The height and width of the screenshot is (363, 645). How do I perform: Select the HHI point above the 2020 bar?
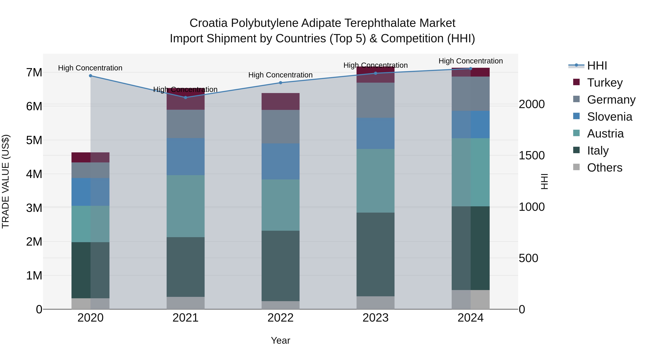90,76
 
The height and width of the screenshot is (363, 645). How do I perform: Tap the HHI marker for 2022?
280,83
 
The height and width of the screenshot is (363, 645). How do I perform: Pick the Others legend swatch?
576,167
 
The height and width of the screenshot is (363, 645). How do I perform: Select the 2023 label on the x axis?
375,318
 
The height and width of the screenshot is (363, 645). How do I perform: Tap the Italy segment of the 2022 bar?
280,265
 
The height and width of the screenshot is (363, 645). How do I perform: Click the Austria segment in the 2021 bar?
186,206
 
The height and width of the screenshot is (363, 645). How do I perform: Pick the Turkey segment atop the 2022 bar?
280,101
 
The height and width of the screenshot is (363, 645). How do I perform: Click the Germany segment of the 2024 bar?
470,94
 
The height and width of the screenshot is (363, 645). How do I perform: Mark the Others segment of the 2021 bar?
186,303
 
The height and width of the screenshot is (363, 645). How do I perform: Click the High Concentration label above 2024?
470,61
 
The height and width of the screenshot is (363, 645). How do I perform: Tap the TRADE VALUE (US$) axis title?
6,181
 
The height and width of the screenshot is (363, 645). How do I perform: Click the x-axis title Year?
280,340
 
